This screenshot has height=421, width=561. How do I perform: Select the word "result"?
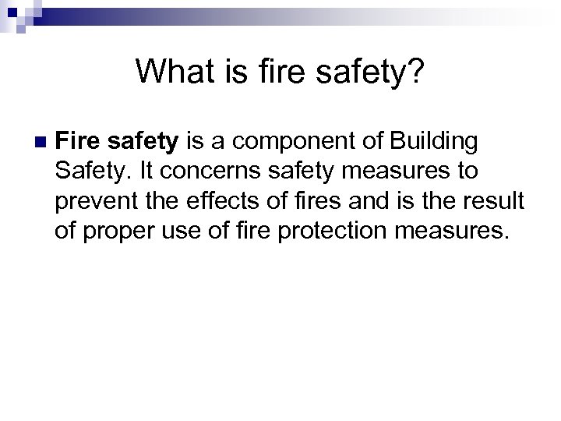(x=498, y=200)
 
